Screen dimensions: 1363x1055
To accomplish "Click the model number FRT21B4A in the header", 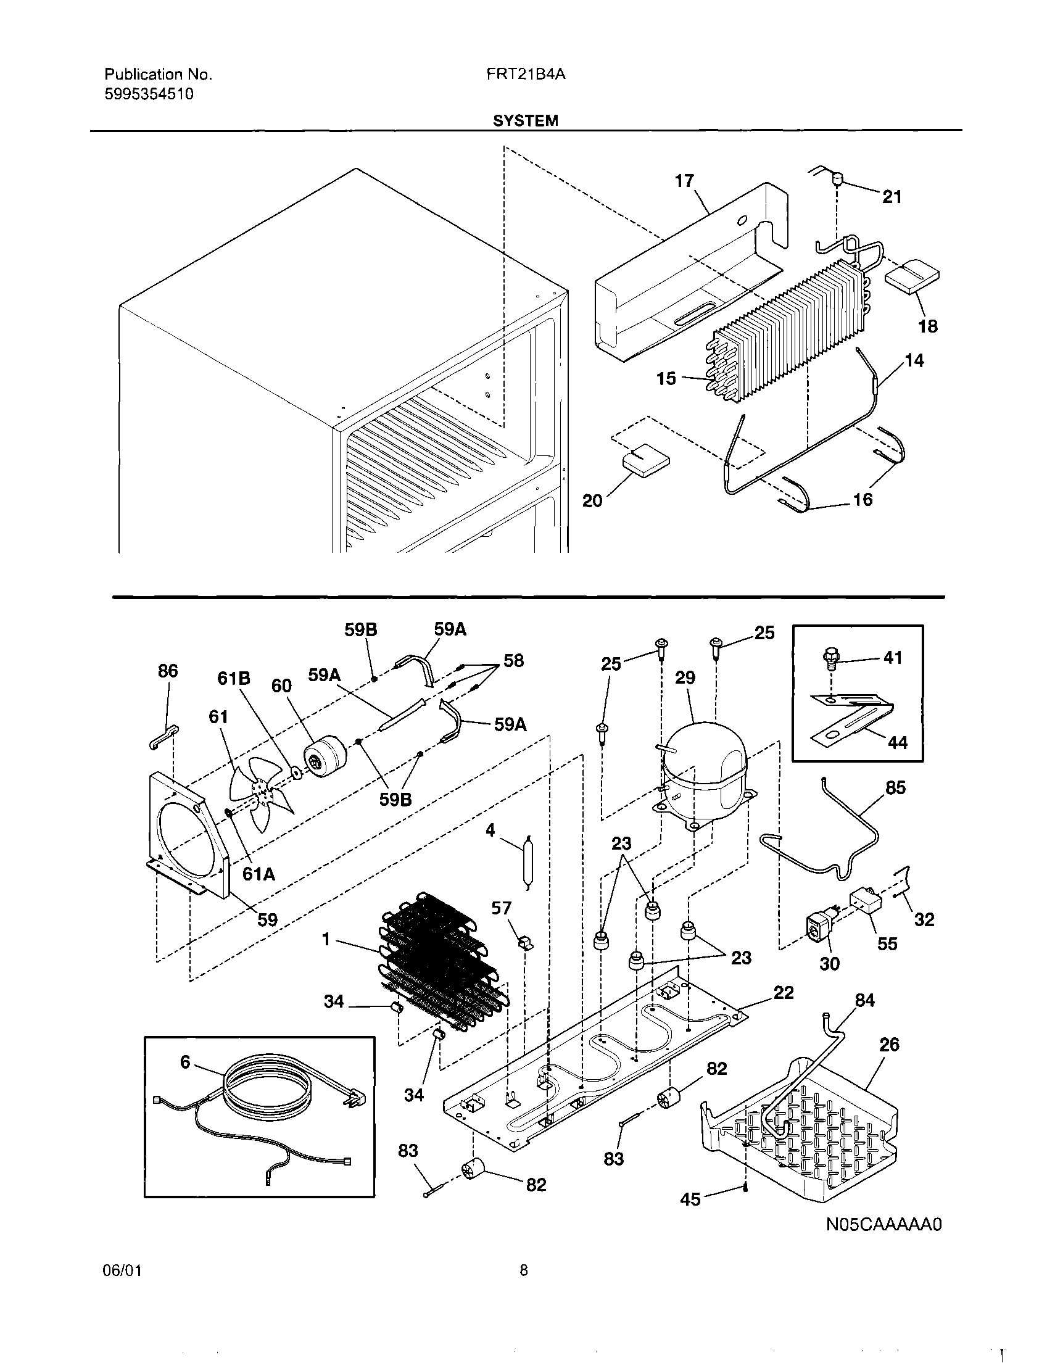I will (x=525, y=74).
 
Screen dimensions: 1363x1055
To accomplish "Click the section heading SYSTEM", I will (x=525, y=121).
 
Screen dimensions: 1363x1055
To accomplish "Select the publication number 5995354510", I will (x=149, y=94).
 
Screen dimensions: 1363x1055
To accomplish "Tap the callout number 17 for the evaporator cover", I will (x=684, y=181).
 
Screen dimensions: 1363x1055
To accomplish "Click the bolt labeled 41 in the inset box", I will (x=832, y=657).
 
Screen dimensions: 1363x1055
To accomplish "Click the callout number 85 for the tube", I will (x=895, y=787).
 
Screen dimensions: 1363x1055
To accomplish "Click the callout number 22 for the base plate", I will (x=784, y=992).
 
